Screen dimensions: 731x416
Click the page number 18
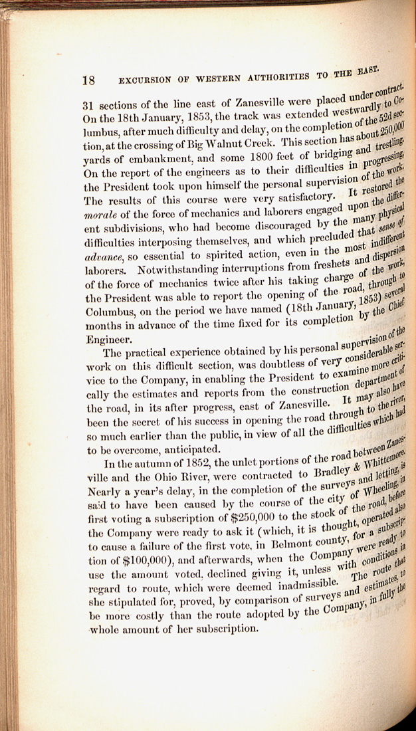[88, 80]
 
